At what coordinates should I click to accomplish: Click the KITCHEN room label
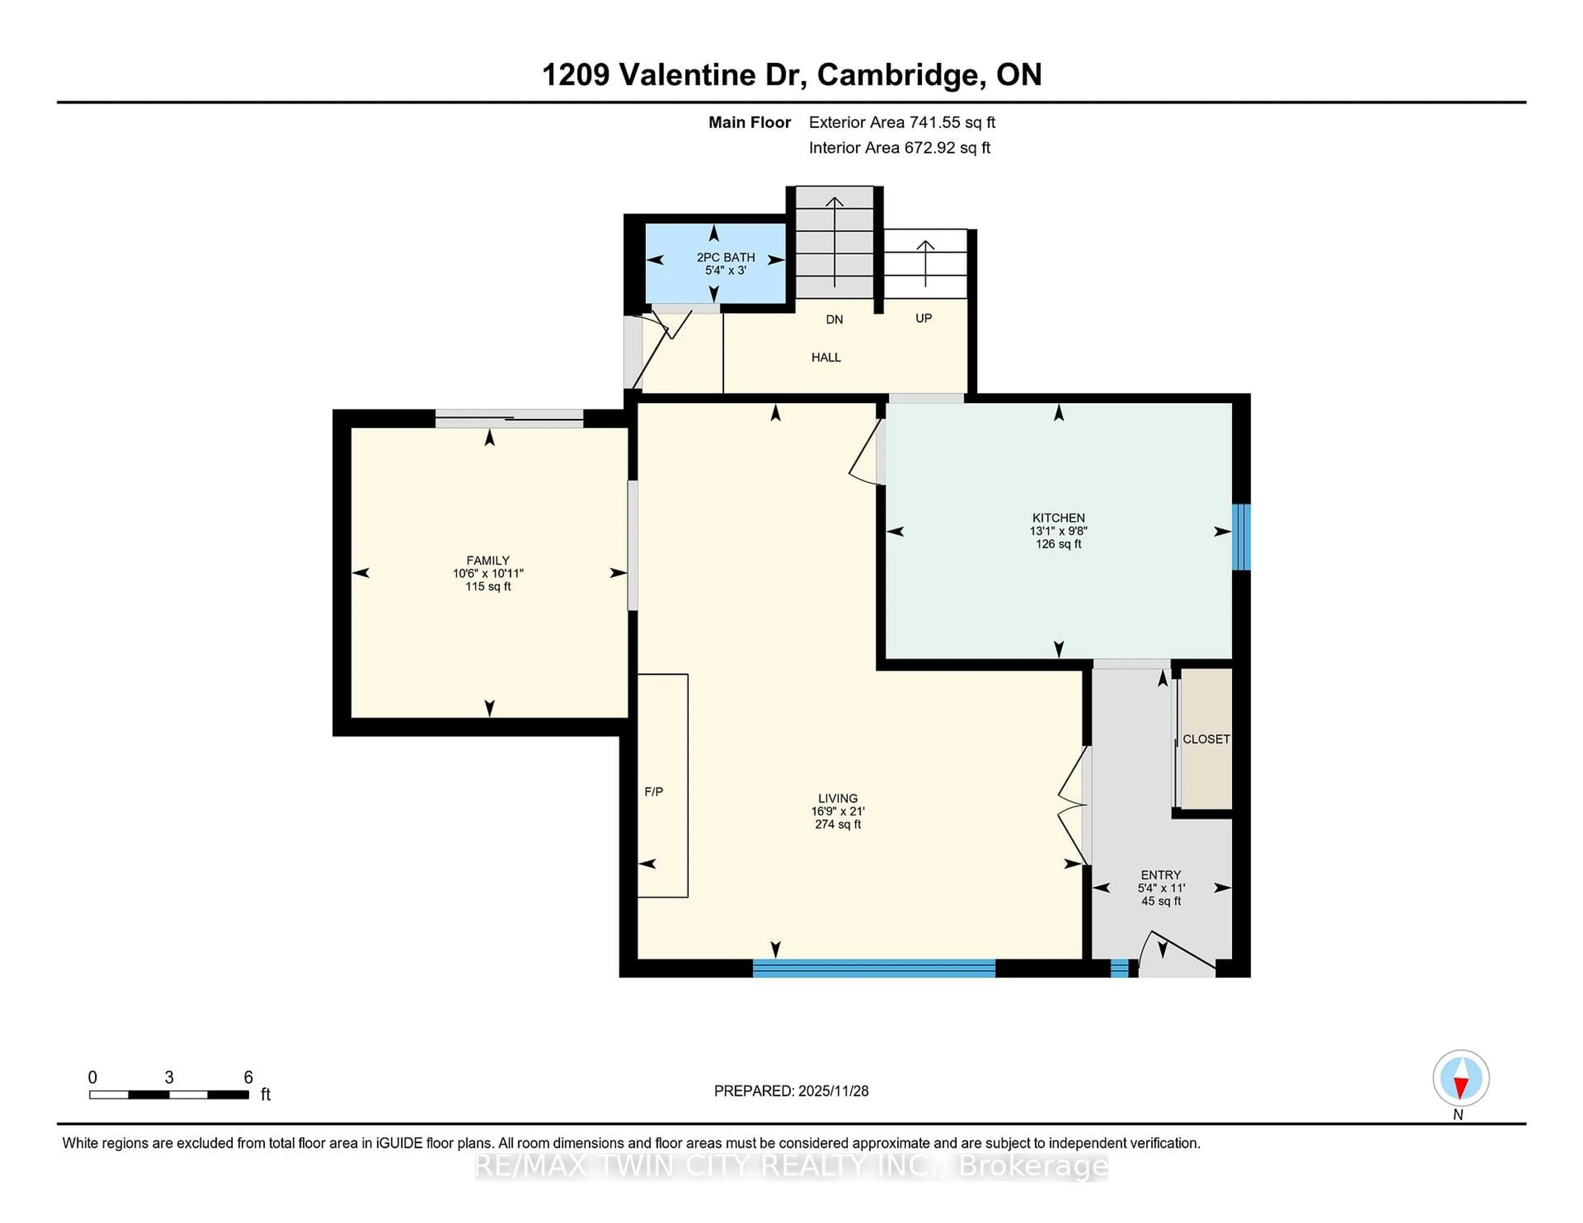(1058, 518)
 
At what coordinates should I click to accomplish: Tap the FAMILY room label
(488, 560)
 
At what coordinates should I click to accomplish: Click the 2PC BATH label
(726, 257)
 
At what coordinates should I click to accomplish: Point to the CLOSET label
(1206, 739)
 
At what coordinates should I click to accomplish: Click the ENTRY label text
(1160, 874)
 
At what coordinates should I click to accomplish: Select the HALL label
(826, 357)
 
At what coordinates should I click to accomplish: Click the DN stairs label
(834, 319)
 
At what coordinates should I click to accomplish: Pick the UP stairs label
(923, 318)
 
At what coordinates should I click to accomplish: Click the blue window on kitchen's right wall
(1241, 537)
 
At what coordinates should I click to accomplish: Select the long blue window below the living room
(874, 968)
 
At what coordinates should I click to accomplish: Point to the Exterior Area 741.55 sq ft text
(902, 122)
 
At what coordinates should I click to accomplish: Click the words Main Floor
(749, 122)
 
